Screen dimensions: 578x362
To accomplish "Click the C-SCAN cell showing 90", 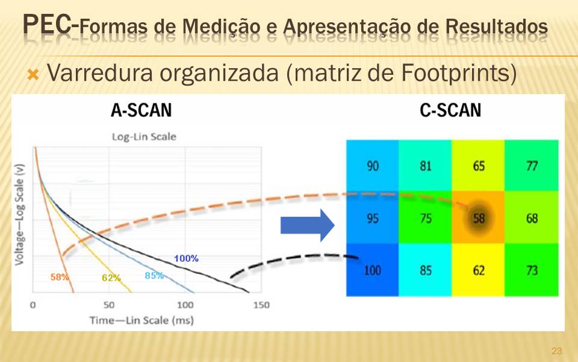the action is [372, 165].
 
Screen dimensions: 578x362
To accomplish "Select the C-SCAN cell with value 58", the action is [478, 217].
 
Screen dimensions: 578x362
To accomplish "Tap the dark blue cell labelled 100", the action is [372, 270].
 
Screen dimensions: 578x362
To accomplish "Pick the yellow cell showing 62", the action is [478, 270].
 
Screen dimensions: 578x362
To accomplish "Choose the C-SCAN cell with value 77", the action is [532, 165].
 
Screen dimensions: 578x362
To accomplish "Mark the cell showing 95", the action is [372, 217].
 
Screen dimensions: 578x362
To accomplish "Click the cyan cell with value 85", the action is [426, 270].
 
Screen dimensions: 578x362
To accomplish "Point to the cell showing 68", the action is [532, 217].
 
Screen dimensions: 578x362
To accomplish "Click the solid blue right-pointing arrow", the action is [308, 225].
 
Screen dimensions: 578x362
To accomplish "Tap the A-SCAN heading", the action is [141, 110].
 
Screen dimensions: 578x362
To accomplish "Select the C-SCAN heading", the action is [450, 110].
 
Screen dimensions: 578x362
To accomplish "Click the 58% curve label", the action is [60, 277].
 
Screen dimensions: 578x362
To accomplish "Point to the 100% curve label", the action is [186, 258].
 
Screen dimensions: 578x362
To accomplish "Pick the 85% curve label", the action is [154, 275].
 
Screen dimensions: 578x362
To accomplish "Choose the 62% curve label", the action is [111, 278].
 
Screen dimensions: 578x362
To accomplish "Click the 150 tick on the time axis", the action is [261, 305].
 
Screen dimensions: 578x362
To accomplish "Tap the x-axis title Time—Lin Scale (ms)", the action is [141, 320].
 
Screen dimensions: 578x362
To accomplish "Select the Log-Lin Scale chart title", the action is [144, 137].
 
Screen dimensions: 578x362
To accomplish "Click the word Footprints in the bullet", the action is [459, 73].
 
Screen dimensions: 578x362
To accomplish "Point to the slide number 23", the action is [556, 351].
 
